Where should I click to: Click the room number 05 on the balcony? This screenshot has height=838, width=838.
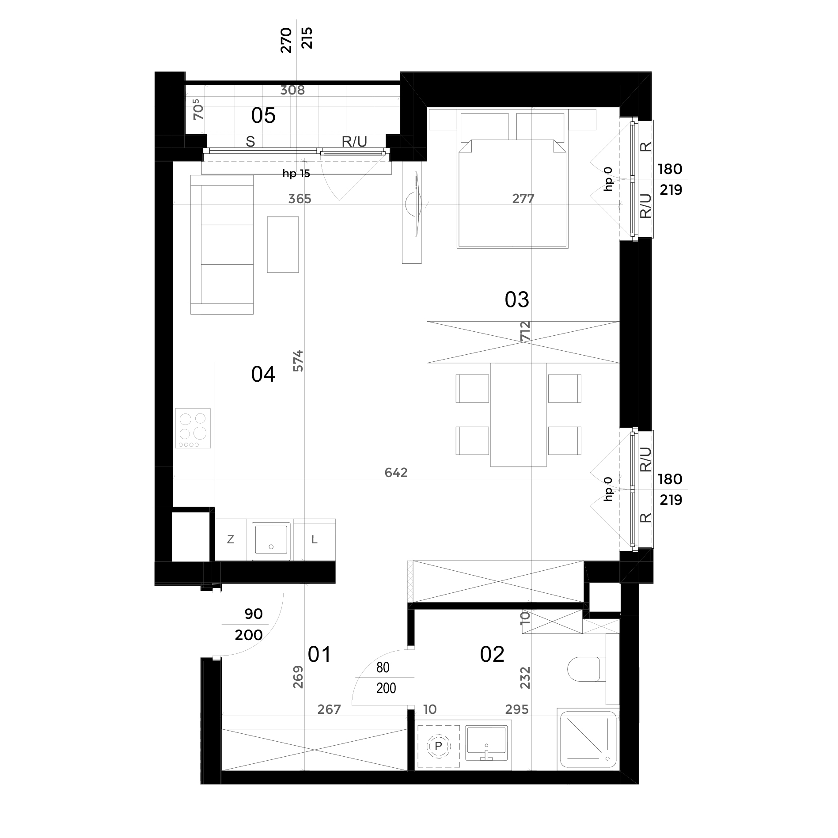point(263,116)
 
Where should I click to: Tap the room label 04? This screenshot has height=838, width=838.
point(263,375)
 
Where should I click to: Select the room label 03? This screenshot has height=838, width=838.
point(517,300)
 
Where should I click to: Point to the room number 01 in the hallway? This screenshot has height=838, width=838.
point(319,655)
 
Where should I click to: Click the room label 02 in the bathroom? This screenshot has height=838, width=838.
point(492,655)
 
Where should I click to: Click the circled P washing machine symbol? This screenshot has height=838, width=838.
point(438,746)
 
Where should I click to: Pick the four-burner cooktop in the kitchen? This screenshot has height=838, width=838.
point(193,428)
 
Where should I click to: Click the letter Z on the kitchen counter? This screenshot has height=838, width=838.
point(230,539)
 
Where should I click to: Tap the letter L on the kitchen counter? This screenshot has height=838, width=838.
point(315,539)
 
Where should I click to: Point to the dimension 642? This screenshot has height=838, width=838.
point(396,473)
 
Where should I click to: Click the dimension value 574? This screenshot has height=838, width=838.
point(299,360)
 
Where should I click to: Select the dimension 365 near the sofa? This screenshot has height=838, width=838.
point(300,199)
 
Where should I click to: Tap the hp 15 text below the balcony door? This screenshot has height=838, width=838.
point(296,174)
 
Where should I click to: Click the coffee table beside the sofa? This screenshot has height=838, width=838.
point(283,244)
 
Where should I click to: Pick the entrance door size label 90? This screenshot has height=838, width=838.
point(253,614)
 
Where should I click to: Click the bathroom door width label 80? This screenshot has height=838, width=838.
point(383,667)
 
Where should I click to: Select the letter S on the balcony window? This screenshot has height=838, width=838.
point(250,142)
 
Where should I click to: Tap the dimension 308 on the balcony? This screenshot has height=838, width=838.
point(293,91)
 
